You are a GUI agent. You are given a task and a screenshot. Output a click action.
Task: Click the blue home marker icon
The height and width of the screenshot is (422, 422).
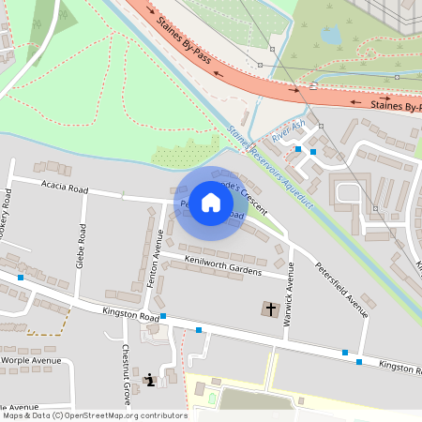coord(211,203)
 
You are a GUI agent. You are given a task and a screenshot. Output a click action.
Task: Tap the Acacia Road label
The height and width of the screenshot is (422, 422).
coord(65,188)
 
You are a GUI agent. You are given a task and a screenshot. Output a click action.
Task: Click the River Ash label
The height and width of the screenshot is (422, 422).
coord(288,132)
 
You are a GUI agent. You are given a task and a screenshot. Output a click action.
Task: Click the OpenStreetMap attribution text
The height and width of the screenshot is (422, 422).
coord(94,414)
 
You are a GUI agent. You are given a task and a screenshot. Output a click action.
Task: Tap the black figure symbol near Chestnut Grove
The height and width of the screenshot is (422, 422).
coord(150,380)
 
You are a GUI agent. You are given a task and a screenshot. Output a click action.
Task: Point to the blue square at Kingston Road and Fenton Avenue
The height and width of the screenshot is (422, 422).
coord(163,316)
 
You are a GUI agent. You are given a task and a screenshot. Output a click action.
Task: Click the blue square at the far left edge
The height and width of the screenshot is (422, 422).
coord(21,278)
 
